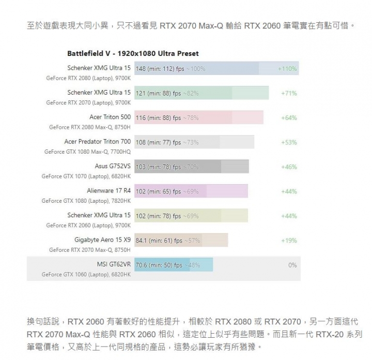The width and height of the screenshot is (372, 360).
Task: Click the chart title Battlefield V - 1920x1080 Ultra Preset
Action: [133, 53]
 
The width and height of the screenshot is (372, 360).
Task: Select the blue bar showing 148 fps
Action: [196, 68]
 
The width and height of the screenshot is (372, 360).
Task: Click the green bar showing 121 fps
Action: [202, 93]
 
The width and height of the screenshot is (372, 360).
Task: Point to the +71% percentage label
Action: [288, 93]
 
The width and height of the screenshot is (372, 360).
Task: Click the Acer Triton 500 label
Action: [110, 117]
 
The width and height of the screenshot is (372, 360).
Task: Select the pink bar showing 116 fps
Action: [199, 117]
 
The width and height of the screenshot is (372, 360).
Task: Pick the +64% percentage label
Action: [288, 117]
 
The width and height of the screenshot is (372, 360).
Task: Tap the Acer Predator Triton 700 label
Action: [97, 141]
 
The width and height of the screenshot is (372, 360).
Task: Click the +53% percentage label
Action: [288, 142]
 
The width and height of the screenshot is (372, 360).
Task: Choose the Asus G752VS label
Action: [113, 166]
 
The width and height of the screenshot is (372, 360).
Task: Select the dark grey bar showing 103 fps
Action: [191, 167]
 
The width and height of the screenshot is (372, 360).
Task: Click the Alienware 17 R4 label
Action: [109, 190]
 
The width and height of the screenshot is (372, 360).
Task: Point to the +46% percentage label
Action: [288, 167]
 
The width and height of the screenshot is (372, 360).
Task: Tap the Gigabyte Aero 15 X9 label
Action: [102, 239]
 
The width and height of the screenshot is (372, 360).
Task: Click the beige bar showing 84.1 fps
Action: [181, 240]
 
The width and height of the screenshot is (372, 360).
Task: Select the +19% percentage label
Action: [288, 240]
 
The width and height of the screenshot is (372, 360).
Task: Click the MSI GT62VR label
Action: [114, 264]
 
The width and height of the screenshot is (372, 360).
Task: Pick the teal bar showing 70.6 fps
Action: [174, 265]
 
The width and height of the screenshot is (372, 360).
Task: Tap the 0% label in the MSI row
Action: [292, 265]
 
